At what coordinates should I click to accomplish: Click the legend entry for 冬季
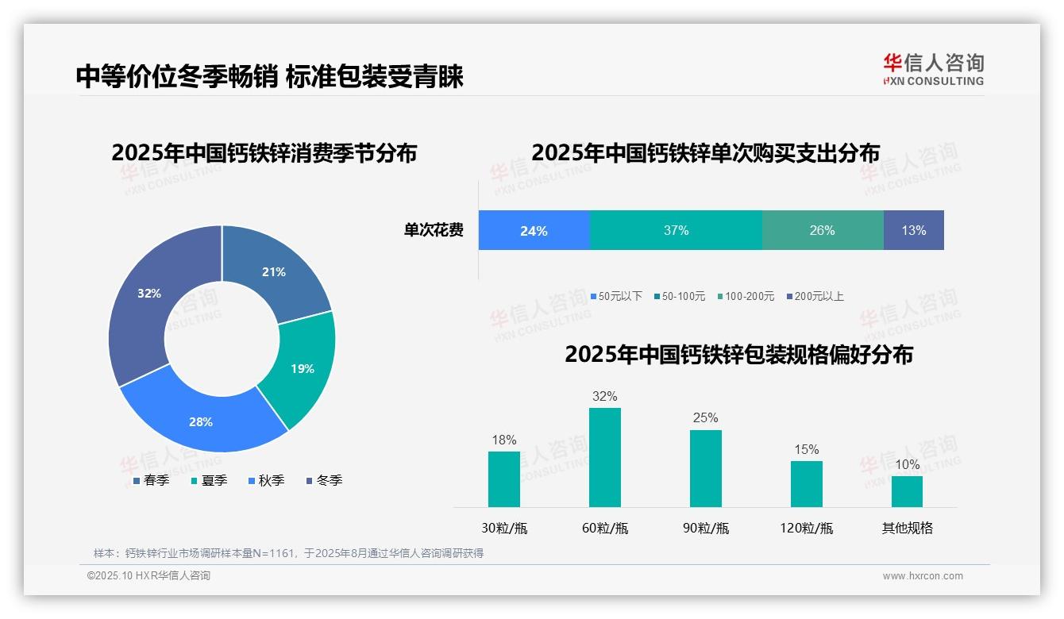324,480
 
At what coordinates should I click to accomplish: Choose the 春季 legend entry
151,480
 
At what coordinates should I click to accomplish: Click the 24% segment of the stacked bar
534,231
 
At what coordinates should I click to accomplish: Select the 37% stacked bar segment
676,231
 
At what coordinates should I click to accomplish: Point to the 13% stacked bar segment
913,231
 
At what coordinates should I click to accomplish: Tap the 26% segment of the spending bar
822,231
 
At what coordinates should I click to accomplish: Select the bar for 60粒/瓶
604,457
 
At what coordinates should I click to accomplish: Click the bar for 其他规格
907,491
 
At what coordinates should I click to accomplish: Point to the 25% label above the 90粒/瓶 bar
705,417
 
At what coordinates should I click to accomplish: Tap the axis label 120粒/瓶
806,528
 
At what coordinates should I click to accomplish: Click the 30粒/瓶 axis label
504,528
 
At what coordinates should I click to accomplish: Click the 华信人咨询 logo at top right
933,69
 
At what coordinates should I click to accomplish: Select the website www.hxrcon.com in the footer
923,576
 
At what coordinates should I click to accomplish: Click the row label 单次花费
434,231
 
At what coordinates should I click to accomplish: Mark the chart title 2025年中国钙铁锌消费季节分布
264,153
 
